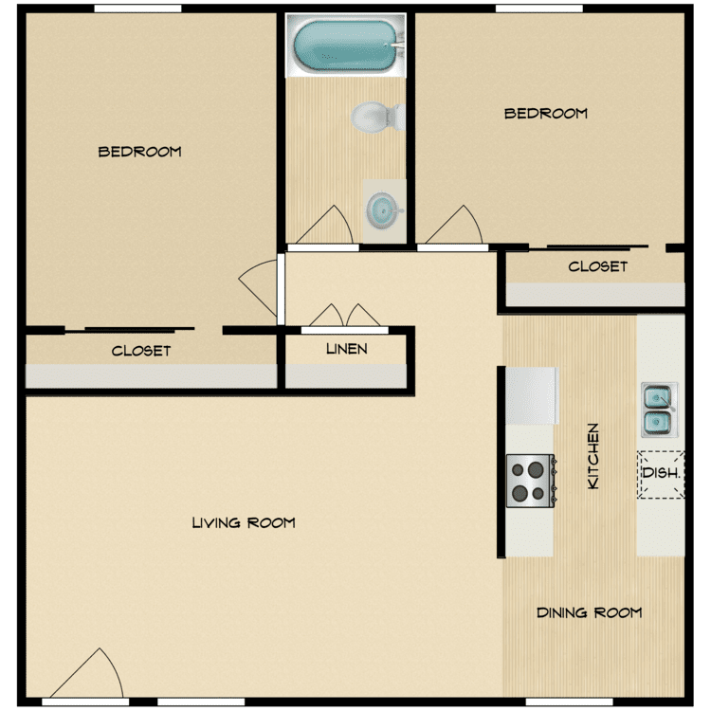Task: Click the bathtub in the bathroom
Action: coord(345,46)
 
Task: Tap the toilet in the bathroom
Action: coord(378,117)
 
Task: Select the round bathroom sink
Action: coord(384,210)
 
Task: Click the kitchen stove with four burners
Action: coord(531,481)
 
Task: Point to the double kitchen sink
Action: coord(659,410)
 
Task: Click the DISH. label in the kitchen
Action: coord(661,473)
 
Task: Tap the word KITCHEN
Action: coord(593,456)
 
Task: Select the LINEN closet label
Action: coord(346,349)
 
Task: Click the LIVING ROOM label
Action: coord(244,522)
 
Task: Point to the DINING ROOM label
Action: coord(589,612)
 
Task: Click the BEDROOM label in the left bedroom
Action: coord(139,152)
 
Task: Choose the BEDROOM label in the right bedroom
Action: coord(545,114)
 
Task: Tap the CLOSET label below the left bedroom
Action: coord(141,351)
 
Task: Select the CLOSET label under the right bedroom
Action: coord(597,266)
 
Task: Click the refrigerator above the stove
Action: coord(533,395)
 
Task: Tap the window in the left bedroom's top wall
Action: coord(137,9)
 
